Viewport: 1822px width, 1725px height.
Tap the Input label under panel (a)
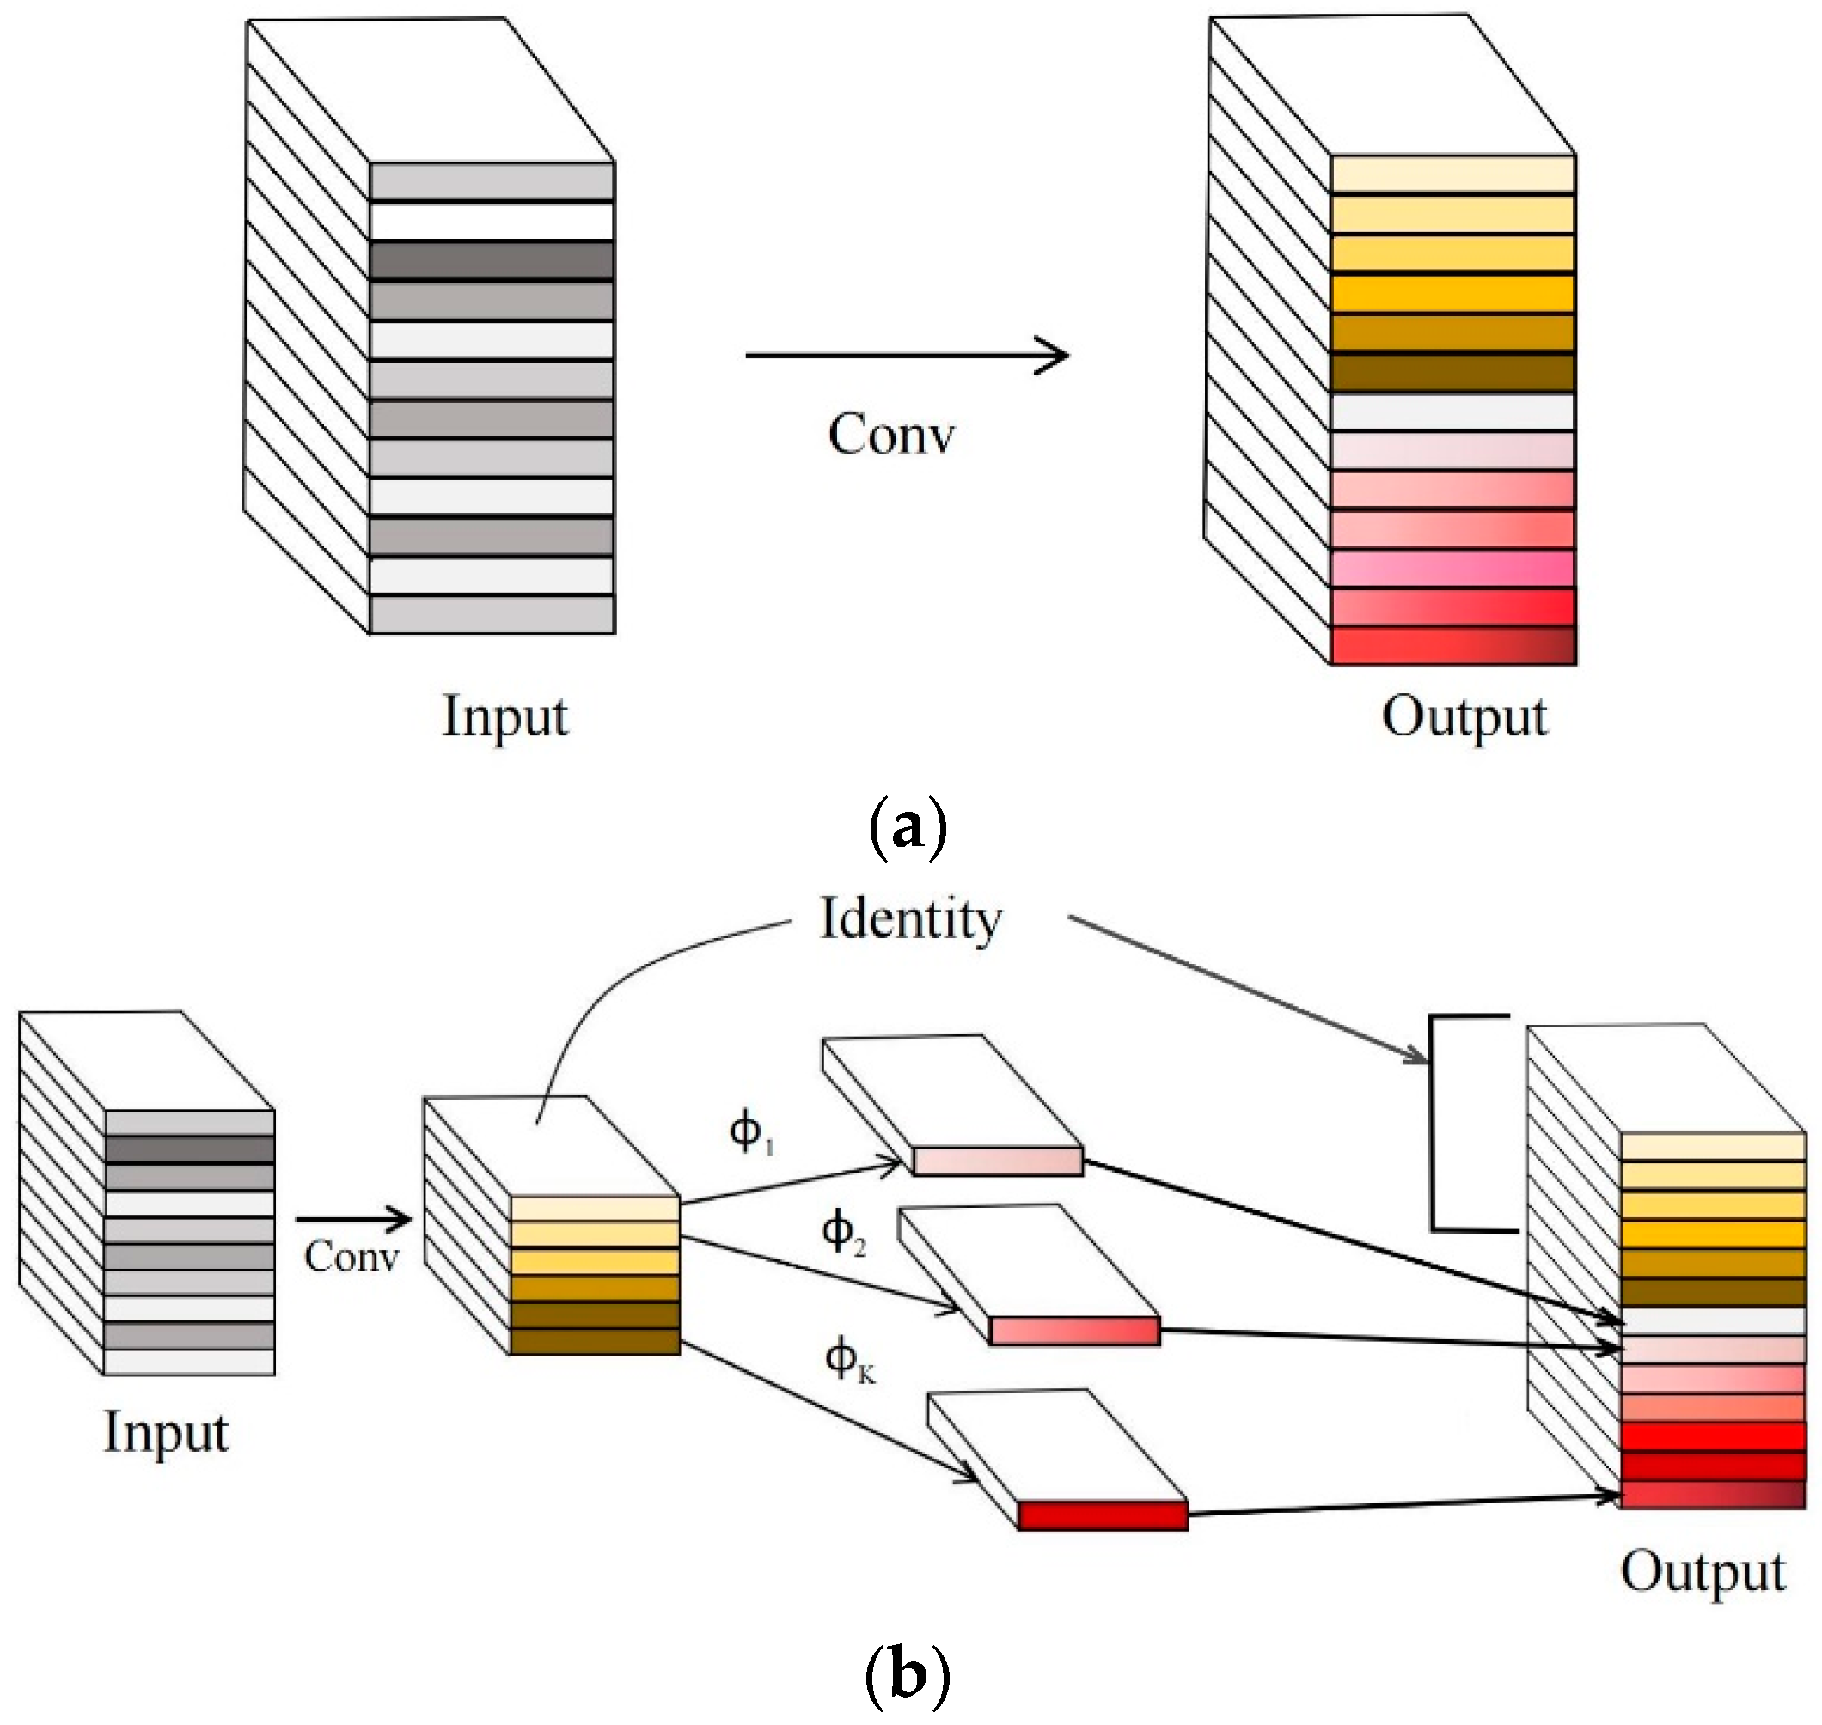[505, 718]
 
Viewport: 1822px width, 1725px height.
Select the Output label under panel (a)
[1464, 718]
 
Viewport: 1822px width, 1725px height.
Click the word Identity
[908, 918]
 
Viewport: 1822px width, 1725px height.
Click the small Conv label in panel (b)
[352, 1257]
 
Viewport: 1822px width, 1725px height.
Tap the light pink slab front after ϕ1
[998, 1161]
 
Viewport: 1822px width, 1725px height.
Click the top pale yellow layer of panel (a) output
[1453, 174]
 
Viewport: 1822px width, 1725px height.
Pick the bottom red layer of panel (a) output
[1453, 645]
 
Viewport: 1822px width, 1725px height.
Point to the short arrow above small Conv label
[353, 1220]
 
